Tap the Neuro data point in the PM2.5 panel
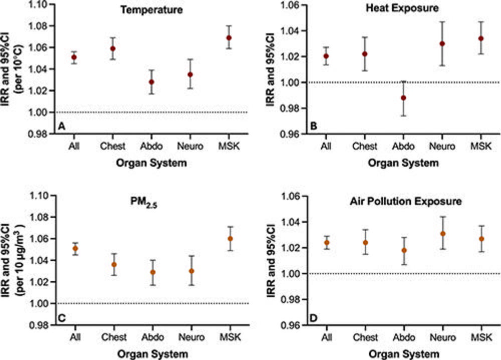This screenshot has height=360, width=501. [x=191, y=271]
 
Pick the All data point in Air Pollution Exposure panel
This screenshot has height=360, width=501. [x=327, y=243]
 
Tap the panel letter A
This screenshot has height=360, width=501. [x=62, y=127]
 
